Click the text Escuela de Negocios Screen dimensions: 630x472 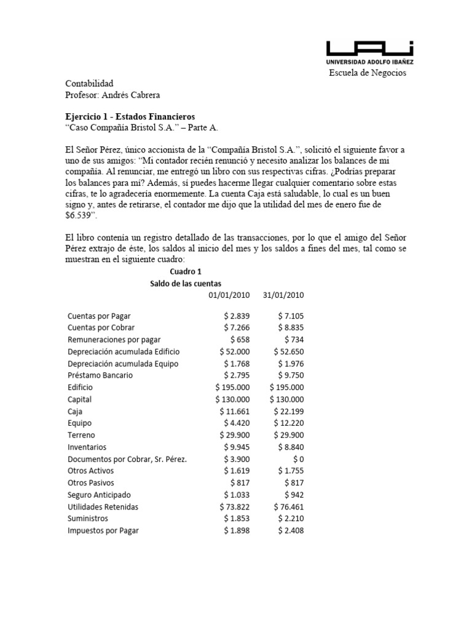point(368,73)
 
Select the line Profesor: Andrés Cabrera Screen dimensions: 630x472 point(112,95)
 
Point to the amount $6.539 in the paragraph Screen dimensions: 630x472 point(81,215)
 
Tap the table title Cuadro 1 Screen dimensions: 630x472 point(185,271)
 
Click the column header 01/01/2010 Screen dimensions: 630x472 point(229,295)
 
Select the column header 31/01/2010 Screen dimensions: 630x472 point(283,295)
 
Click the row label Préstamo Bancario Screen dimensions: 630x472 point(100,375)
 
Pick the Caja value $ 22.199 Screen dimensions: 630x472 point(286,411)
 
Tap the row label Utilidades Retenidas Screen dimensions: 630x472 point(103,507)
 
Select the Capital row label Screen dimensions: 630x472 point(79,399)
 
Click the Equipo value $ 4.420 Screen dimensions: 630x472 point(235,423)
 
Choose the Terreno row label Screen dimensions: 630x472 point(81,435)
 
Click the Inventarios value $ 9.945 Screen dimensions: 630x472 point(235,447)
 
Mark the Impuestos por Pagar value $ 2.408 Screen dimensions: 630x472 point(289,531)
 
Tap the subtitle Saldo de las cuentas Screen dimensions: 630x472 point(185,283)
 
